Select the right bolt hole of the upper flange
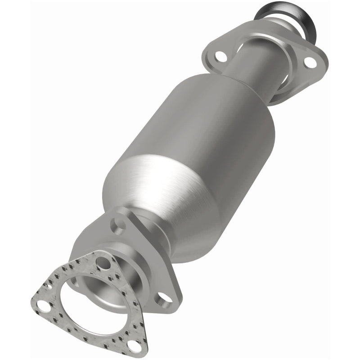pyautogui.click(x=310, y=63)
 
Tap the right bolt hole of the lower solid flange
pyautogui.click(x=165, y=297)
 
